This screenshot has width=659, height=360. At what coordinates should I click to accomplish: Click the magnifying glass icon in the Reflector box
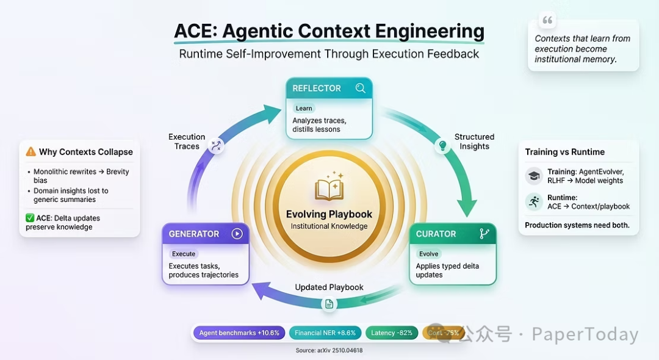point(361,88)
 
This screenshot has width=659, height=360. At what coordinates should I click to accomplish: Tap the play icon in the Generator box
point(237,234)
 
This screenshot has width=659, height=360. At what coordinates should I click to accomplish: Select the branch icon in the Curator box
point(484,234)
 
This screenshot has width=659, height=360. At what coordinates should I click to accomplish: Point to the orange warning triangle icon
point(31,152)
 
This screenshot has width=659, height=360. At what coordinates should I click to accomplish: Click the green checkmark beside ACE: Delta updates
point(30,218)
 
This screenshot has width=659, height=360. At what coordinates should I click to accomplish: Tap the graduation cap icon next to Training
point(534,176)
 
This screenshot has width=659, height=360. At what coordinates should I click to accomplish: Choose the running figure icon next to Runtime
point(534,202)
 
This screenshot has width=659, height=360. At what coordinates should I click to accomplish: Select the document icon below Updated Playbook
point(329,304)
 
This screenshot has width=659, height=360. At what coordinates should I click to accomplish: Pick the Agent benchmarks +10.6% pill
point(239,333)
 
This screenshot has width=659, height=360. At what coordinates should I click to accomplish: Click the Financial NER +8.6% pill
point(325,333)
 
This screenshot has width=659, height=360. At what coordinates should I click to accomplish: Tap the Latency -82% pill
point(392,333)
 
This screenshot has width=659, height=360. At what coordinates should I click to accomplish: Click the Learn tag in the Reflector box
point(304,108)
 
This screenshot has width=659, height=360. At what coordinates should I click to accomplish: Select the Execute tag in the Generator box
point(184,254)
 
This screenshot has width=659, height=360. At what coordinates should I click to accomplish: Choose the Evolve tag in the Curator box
point(429,254)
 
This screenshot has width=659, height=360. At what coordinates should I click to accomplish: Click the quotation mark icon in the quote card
point(547,21)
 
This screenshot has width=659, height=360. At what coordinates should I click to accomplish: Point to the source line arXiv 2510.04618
point(329,351)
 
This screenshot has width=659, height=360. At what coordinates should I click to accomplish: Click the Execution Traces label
point(187,142)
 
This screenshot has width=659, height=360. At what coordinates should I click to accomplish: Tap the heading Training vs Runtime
point(565,152)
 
